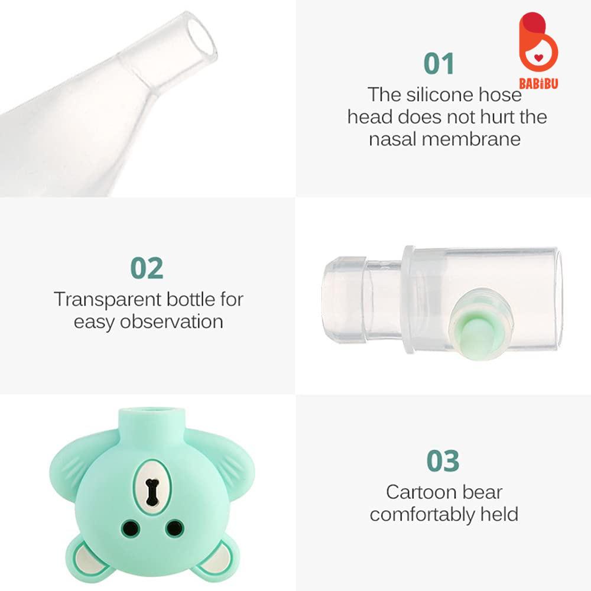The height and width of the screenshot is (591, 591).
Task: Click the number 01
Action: pyautogui.click(x=439, y=63)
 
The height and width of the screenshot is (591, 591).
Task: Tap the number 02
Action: pyautogui.click(x=147, y=268)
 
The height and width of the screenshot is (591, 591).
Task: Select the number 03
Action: pyautogui.click(x=443, y=461)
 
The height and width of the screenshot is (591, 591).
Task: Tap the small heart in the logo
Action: pyautogui.click(x=538, y=57)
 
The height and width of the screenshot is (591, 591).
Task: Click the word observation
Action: pyautogui.click(x=172, y=322)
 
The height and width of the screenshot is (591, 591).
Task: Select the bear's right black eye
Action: pyautogui.click(x=173, y=527)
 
